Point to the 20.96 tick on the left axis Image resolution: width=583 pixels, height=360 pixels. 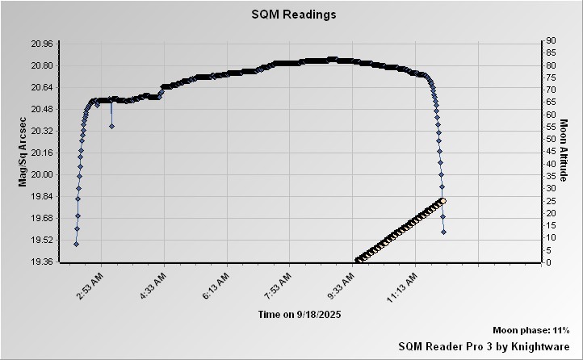pos(40,44)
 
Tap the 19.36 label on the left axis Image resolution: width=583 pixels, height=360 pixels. pos(40,262)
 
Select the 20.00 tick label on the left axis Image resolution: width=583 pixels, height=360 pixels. pos(40,174)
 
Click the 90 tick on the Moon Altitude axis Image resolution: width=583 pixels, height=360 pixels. pos(549,40)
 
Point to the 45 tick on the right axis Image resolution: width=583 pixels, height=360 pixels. pos(549,151)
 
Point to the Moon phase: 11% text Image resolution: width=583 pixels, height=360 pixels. pos(531,331)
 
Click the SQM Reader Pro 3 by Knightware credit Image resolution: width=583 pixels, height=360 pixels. pos(484,345)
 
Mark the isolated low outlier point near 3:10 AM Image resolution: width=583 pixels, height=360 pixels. pos(111,126)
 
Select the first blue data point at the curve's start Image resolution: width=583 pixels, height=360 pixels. pos(76,244)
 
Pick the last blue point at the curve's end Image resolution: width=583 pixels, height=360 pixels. pos(444,232)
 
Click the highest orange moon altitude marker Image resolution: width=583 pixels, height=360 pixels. pos(442,201)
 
